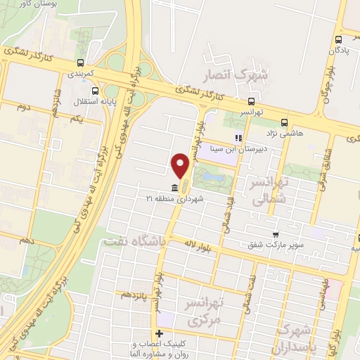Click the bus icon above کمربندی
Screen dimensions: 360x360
[82, 62]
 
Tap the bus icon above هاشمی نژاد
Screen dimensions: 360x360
[284, 121]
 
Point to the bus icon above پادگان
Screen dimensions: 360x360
[340, 39]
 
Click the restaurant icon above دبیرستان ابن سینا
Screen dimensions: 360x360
[238, 138]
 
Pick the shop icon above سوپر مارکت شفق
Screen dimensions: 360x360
[276, 235]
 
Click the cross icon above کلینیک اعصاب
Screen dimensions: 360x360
[160, 333]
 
